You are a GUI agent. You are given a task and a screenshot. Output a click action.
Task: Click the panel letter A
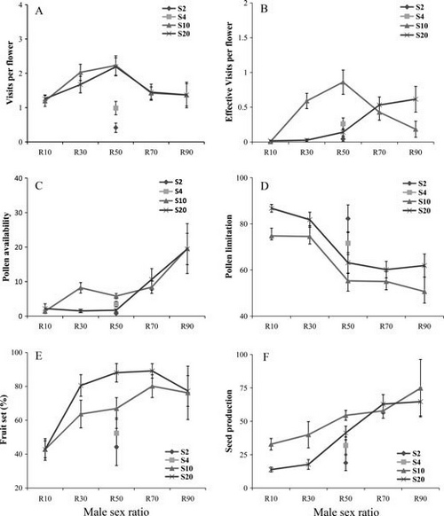pyautogui.click(x=39, y=12)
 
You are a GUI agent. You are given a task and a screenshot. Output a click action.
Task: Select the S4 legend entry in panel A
pyautogui.click(x=176, y=17)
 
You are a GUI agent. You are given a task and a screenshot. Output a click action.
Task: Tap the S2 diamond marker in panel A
pyautogui.click(x=115, y=128)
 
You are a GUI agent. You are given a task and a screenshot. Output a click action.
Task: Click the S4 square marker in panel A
pyautogui.click(x=115, y=108)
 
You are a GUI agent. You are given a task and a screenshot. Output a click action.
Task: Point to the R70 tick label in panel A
pyautogui.click(x=151, y=152)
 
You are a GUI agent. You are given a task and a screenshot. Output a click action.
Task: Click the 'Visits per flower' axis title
pyautogui.click(x=10, y=73)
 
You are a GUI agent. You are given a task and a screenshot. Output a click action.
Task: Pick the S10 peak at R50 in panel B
pyautogui.click(x=343, y=82)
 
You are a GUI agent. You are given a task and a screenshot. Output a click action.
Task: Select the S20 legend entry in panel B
pyautogui.click(x=415, y=35)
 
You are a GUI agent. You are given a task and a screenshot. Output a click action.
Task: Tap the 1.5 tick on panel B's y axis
pyautogui.click(x=244, y=38)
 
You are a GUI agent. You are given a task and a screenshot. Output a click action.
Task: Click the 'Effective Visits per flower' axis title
pyautogui.click(x=229, y=72)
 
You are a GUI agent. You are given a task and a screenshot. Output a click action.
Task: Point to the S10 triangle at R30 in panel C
pyautogui.click(x=81, y=287)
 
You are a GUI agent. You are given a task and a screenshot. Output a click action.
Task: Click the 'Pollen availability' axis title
pyautogui.click(x=6, y=246)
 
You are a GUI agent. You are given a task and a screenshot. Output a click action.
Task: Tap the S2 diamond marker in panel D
pyautogui.click(x=348, y=219)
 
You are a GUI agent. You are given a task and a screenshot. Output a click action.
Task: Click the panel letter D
pyautogui.click(x=265, y=186)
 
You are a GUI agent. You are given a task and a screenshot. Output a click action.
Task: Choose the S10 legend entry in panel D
pyautogui.click(x=416, y=202)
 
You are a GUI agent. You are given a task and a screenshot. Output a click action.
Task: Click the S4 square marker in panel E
pyautogui.click(x=116, y=433)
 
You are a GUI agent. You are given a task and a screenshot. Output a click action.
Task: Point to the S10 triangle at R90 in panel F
pyautogui.click(x=420, y=388)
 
